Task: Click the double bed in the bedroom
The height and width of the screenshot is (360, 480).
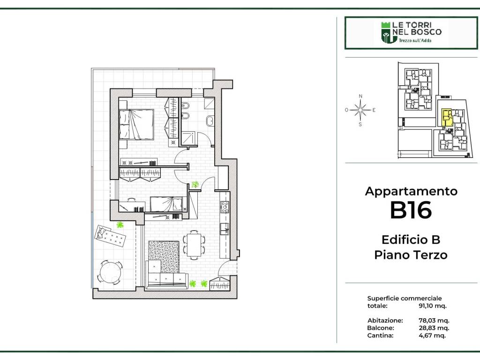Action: coord(136,125)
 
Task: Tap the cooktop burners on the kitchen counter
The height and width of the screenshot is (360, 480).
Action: coord(225,207)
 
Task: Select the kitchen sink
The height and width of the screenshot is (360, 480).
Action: coord(225,229)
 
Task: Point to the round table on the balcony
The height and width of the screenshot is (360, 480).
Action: coord(110,272)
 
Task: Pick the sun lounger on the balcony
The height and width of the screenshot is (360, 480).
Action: coord(111,236)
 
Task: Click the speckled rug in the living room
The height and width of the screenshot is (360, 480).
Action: coord(164,256)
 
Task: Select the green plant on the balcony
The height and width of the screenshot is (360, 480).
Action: coord(120,225)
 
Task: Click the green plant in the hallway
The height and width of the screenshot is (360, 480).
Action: coord(195,184)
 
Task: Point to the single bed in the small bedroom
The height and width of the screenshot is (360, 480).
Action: coord(166,204)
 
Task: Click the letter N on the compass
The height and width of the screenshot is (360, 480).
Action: coord(360,96)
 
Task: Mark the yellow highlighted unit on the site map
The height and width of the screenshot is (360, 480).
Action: coord(447,118)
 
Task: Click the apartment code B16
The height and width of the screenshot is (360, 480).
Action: coord(411,210)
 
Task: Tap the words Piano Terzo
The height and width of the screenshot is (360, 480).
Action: coord(411,255)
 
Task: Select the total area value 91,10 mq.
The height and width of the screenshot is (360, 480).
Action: coord(433,306)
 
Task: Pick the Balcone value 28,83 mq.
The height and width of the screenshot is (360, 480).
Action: coord(434,328)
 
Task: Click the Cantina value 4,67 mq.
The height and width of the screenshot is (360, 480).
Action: coord(432,335)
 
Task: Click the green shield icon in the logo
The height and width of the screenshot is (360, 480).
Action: coord(386,32)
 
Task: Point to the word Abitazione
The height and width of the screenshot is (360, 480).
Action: coord(385,321)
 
